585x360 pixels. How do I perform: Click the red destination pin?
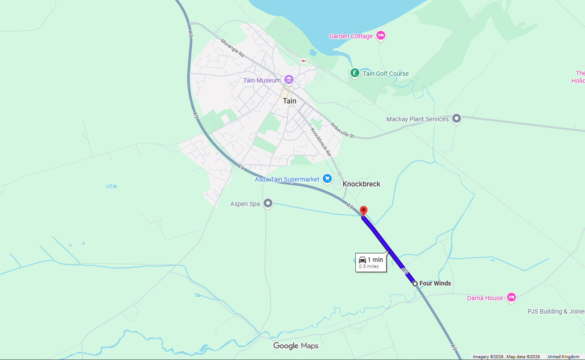(x=363, y=211)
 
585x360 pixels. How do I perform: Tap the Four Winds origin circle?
(x=415, y=283)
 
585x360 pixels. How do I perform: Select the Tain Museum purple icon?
(x=289, y=80)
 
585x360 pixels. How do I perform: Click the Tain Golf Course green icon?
(x=354, y=73)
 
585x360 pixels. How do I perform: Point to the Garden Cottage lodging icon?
(x=380, y=36)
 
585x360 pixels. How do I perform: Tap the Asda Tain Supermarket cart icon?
(x=327, y=179)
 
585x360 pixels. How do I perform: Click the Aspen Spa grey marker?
(x=268, y=203)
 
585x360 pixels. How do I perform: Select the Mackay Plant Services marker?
(x=456, y=119)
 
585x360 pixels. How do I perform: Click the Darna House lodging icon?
(x=511, y=298)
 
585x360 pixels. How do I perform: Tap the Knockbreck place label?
(x=361, y=184)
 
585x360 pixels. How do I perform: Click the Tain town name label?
(x=289, y=101)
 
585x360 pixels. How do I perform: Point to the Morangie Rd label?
(x=233, y=48)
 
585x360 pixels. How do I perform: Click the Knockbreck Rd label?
(x=321, y=141)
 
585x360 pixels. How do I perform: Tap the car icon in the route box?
(x=363, y=260)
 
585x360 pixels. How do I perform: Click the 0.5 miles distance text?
(x=369, y=267)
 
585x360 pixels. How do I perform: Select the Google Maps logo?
(x=296, y=346)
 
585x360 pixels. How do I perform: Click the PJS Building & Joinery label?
(x=556, y=311)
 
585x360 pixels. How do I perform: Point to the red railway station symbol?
(x=303, y=61)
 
